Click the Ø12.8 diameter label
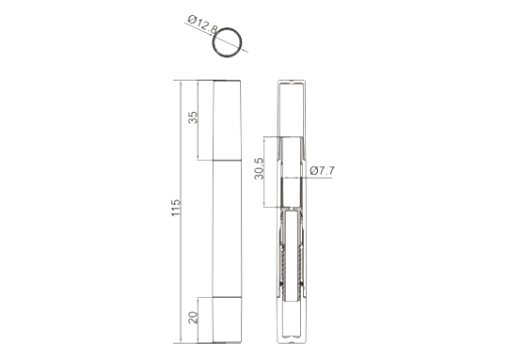(x=202, y=24)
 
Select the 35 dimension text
(x=193, y=117)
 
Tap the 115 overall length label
(x=176, y=208)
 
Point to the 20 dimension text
(x=193, y=318)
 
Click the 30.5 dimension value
(x=260, y=168)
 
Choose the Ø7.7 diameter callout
(x=322, y=171)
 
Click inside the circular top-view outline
(x=227, y=42)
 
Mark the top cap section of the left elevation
(x=227, y=120)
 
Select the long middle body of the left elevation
(x=227, y=228)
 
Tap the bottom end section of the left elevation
(x=227, y=320)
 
